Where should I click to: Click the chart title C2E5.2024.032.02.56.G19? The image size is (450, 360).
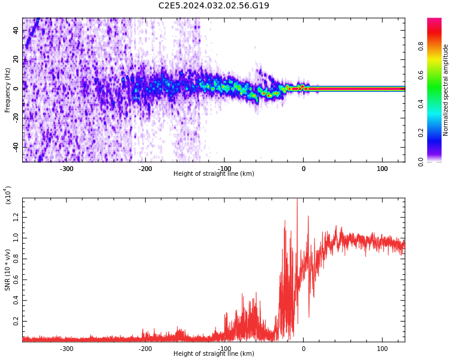tap(214, 6)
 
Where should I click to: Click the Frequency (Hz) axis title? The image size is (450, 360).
tap(7, 90)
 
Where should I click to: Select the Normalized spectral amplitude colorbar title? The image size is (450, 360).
tap(446, 90)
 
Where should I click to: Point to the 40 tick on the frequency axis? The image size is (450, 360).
tap(16, 31)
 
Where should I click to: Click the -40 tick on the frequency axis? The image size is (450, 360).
tap(15, 146)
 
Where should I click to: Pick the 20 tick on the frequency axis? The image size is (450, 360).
tap(16, 59)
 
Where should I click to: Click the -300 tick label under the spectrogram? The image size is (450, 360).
tap(66, 169)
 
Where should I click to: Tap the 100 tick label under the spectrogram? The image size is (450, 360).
tap(382, 169)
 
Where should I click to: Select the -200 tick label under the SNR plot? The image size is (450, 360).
tap(145, 349)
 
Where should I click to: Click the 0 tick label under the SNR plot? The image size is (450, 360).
tap(303, 349)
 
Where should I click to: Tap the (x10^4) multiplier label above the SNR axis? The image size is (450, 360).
tap(8, 195)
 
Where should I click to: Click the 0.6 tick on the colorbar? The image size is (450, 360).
tap(421, 75)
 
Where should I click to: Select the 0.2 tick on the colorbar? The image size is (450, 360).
tap(421, 133)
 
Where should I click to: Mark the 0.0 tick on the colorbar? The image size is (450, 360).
tap(421, 161)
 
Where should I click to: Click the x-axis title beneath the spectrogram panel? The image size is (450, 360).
tap(214, 174)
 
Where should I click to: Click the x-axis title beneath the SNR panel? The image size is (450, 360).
tap(214, 354)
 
